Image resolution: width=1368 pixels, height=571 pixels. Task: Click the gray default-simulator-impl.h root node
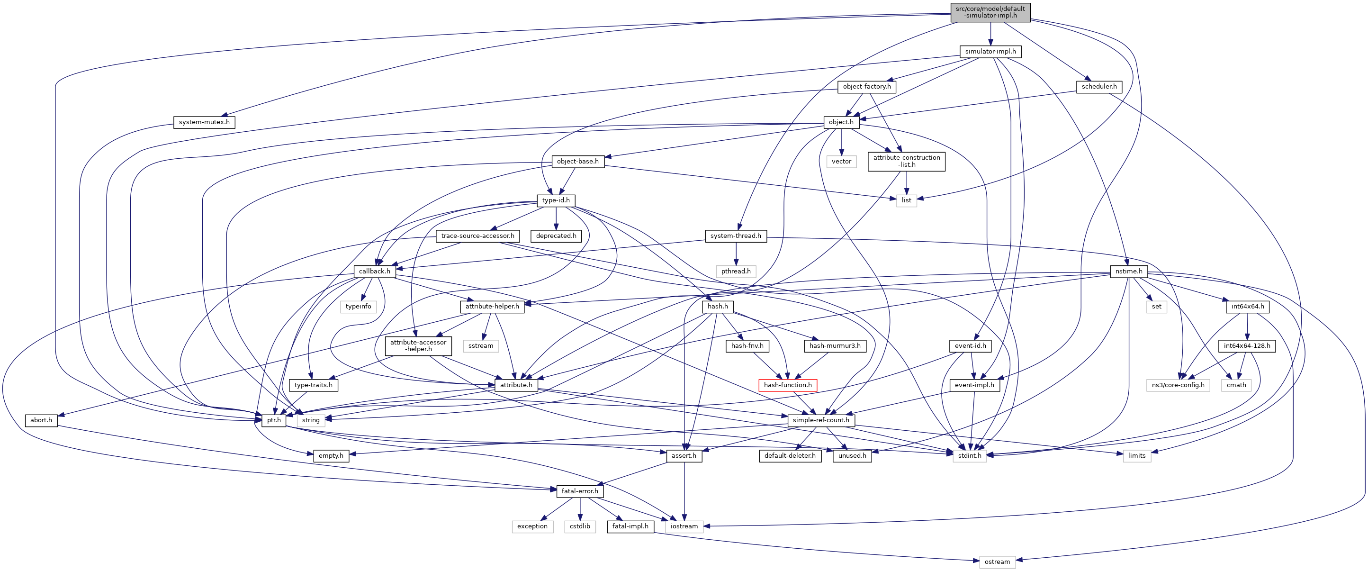coord(990,12)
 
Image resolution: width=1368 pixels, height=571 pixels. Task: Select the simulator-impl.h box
coord(990,52)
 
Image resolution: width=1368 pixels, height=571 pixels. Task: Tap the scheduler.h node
coord(1099,87)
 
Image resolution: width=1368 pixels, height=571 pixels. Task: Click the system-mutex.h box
coord(204,122)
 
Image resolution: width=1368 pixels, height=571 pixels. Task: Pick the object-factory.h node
coord(867,87)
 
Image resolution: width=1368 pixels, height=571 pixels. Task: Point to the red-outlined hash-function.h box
coord(788,385)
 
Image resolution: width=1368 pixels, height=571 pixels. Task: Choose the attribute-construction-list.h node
coord(907,161)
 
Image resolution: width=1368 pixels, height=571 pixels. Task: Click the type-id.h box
coord(556,200)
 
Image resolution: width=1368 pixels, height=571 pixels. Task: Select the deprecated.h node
coord(556,236)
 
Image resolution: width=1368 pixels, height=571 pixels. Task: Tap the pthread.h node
coord(736,272)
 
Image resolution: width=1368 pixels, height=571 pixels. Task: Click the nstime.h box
coord(1128,272)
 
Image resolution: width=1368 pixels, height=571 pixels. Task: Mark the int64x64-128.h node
coord(1247,346)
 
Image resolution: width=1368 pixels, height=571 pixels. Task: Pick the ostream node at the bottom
coord(997,562)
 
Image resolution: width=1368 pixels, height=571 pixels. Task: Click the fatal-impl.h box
coord(630,526)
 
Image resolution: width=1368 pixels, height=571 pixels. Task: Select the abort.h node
coord(41,420)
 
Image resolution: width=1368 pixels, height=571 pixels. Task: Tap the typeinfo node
coord(359,307)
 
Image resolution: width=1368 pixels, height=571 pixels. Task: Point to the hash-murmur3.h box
coord(835,346)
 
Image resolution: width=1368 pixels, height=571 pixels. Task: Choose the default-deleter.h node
coord(790,456)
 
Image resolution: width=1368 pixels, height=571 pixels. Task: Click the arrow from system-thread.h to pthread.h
coord(736,254)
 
